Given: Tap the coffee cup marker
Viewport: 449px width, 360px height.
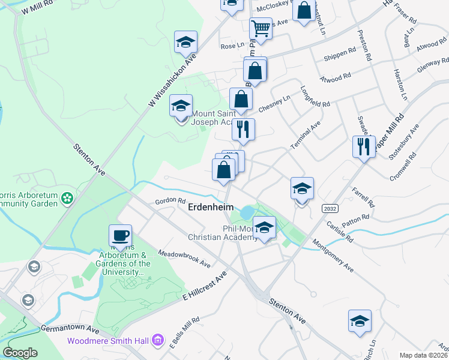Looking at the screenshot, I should (120, 235).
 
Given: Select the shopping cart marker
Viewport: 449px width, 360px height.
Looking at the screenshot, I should (261, 28).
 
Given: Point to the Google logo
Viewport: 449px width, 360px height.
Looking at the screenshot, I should (20, 353).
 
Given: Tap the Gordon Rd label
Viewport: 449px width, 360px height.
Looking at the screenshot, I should (170, 200).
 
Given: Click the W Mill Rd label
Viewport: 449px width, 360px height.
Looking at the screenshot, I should (37, 8).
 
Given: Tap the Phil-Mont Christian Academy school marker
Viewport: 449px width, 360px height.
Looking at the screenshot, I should (264, 227).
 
